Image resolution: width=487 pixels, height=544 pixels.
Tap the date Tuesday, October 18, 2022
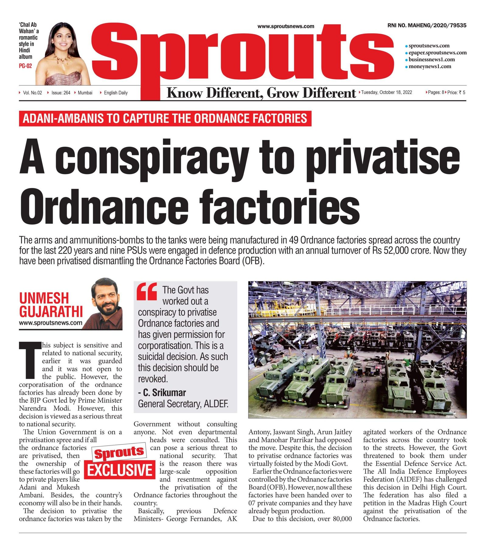(387, 92)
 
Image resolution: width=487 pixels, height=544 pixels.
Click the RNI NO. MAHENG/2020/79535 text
(427, 26)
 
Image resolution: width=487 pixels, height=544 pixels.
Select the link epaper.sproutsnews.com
(437, 53)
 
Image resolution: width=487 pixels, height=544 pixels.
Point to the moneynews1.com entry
(429, 67)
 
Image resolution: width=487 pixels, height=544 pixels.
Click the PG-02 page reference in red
(25, 66)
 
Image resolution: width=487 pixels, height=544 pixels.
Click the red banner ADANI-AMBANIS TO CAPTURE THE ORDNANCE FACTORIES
(165, 118)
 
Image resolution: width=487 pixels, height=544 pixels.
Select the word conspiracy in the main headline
(152, 159)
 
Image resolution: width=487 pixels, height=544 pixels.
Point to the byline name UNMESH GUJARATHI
(51, 305)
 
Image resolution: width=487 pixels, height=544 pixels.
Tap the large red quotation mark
(147, 291)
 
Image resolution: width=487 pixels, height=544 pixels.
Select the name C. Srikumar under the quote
(164, 393)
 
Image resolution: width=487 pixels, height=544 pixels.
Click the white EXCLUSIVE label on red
(120, 470)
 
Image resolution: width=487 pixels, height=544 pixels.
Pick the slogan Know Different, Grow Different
(261, 93)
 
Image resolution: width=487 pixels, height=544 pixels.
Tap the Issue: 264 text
(61, 93)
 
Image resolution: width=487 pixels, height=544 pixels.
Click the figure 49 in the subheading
(294, 240)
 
